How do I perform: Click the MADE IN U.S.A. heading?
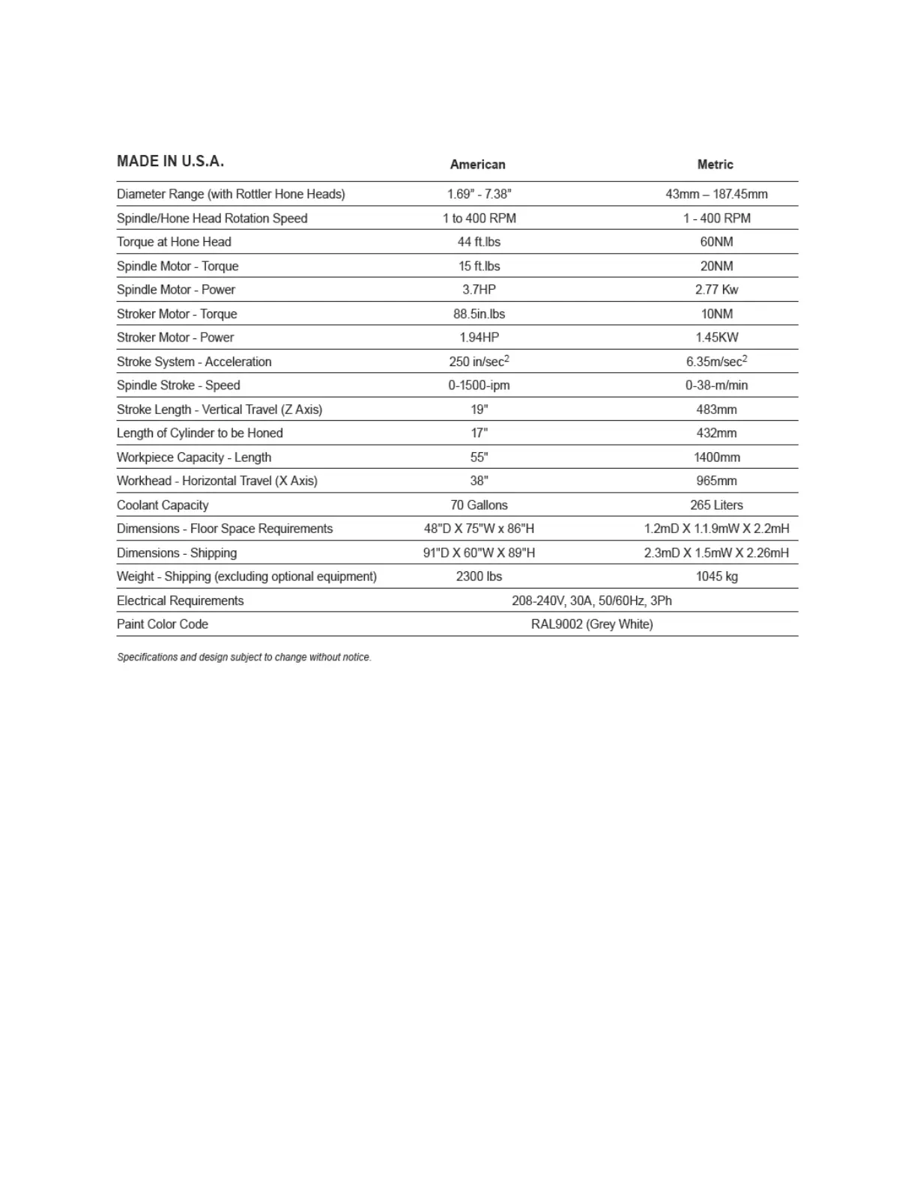[170, 161]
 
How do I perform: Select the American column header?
[477, 165]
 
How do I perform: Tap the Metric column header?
[715, 165]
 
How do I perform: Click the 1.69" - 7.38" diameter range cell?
[479, 194]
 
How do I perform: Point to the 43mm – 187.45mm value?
[716, 194]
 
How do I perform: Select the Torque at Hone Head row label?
[174, 242]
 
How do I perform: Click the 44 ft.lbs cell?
[479, 242]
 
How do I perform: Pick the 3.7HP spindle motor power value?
[479, 290]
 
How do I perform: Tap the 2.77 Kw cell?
[716, 290]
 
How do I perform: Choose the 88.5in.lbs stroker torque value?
[479, 314]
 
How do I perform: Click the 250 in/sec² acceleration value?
[479, 362]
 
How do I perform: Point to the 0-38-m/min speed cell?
[716, 386]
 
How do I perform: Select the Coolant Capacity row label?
[163, 505]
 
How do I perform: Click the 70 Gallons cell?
[479, 505]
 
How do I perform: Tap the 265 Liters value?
[716, 505]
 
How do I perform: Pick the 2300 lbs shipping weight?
[479, 577]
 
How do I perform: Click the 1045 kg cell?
[716, 577]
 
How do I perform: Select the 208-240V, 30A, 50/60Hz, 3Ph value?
[591, 600]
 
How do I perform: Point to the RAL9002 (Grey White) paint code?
[591, 624]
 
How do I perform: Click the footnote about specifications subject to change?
[244, 657]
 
